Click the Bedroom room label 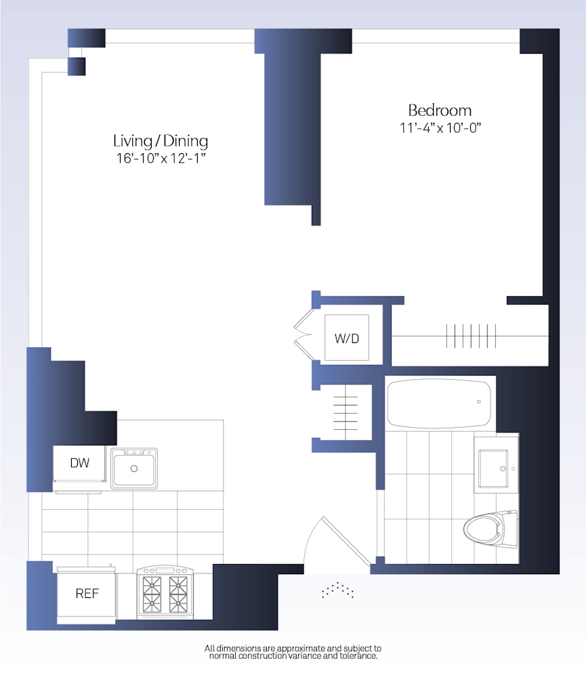440,111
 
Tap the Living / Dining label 161,141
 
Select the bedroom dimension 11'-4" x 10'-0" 440,128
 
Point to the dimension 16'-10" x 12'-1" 161,158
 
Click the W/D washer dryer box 347,338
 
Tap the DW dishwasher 79,463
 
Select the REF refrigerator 87,594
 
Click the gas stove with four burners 165,592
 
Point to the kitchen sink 134,468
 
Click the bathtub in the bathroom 439,403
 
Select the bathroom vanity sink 493,468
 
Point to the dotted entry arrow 337,590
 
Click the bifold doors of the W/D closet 304,333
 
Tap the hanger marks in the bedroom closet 471,336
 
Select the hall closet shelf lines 346,413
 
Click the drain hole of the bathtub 479,401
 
